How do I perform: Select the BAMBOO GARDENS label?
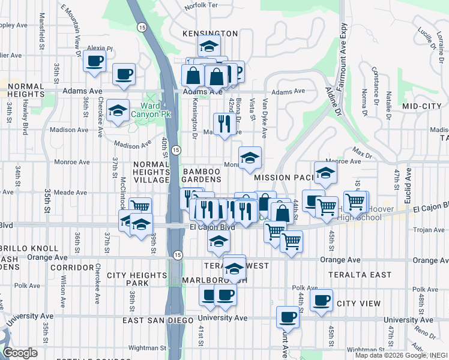click(x=202, y=175)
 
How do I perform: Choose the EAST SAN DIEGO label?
click(x=157, y=320)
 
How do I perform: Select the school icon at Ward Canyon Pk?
click(x=118, y=110)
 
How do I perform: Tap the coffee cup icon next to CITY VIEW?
click(x=322, y=300)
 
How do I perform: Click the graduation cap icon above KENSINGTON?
click(x=208, y=46)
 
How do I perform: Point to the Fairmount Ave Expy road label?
click(x=343, y=37)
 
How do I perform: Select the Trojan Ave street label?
click(x=427, y=230)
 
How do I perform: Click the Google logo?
click(x=20, y=353)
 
